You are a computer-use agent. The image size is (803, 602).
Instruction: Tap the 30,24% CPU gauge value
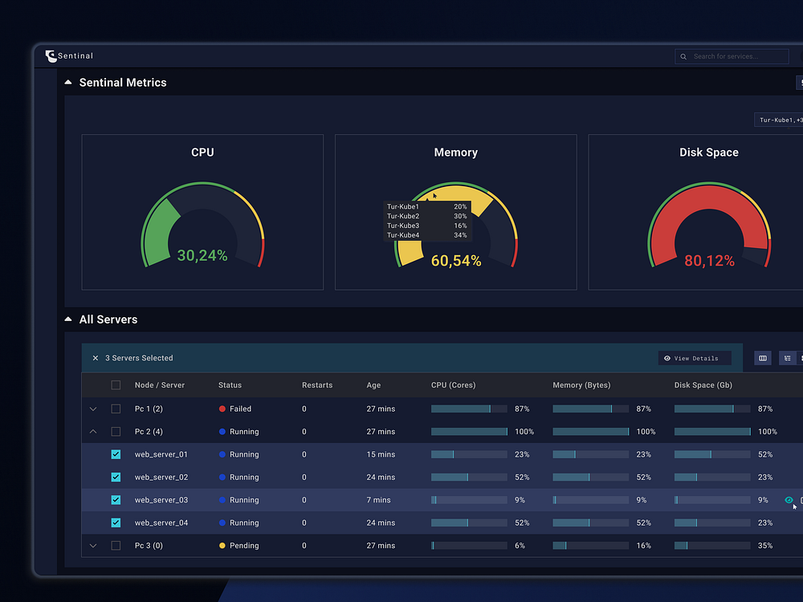pyautogui.click(x=202, y=256)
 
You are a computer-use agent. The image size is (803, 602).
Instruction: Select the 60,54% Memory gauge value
pyautogui.click(x=456, y=261)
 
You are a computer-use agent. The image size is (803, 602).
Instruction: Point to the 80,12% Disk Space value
pyautogui.click(x=709, y=261)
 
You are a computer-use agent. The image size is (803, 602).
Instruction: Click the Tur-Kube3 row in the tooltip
pyautogui.click(x=426, y=226)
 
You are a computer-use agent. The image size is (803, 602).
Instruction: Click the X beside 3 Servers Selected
pyautogui.click(x=96, y=358)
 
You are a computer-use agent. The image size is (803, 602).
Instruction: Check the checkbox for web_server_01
pyautogui.click(x=116, y=454)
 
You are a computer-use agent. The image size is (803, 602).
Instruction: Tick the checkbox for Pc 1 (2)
pyautogui.click(x=116, y=409)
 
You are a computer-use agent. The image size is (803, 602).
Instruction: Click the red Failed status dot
pyautogui.click(x=222, y=409)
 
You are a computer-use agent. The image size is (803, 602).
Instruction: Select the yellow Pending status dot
pyautogui.click(x=222, y=546)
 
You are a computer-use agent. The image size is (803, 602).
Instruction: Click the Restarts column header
pyautogui.click(x=317, y=385)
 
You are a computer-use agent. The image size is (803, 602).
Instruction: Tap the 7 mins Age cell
pyautogui.click(x=379, y=500)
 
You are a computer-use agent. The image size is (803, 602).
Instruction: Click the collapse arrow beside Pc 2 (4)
pyautogui.click(x=93, y=432)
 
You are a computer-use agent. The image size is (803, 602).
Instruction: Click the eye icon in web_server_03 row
pyautogui.click(x=789, y=500)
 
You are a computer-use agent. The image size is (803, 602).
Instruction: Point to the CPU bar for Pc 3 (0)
pyautogui.click(x=469, y=546)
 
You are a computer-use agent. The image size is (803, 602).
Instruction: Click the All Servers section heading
pyautogui.click(x=108, y=319)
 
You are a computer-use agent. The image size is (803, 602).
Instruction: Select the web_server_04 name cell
pyautogui.click(x=161, y=523)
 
